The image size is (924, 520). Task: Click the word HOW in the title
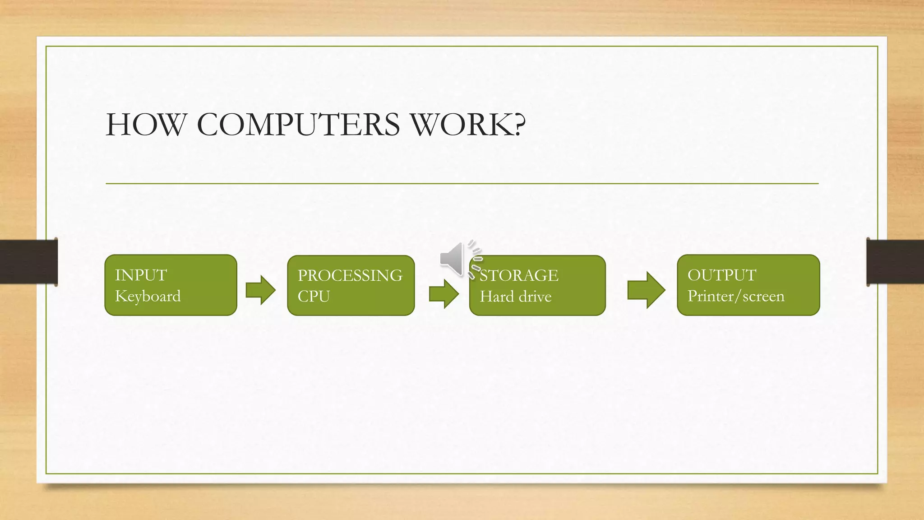(145, 125)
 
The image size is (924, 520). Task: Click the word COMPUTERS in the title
(298, 125)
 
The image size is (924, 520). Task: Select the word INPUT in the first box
(141, 275)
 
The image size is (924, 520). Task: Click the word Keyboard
(148, 296)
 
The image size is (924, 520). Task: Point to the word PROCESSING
(350, 275)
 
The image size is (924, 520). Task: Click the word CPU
(314, 297)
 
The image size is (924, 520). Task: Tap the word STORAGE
(519, 275)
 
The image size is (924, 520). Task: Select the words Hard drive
(515, 297)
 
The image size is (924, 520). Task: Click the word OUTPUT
(721, 275)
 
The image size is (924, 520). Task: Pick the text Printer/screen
(735, 296)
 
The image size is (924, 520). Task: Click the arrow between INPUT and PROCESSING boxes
(260, 290)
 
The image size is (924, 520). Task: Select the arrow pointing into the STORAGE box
(444, 294)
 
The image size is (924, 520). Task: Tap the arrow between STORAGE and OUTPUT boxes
(646, 290)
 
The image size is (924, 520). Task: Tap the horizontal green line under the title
(462, 184)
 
